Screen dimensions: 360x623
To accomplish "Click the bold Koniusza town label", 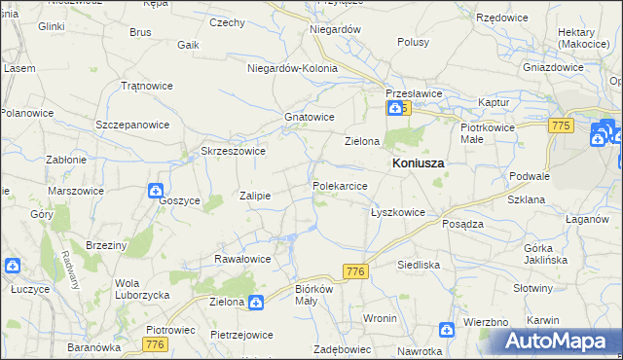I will (418, 163).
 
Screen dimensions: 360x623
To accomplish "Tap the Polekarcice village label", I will (340, 185).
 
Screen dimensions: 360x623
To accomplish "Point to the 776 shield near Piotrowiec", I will (154, 345).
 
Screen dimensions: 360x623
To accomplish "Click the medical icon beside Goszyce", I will (156, 191).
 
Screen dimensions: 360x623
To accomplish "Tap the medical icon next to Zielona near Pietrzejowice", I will (254, 303).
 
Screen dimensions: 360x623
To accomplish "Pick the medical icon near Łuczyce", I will (12, 265).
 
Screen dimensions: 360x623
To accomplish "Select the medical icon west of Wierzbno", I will (446, 331).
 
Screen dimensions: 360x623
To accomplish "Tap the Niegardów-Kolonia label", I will (292, 69).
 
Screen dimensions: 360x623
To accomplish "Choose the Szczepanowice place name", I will (132, 125).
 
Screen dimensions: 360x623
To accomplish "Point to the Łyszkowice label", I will (397, 212).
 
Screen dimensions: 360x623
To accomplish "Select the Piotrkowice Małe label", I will (486, 133).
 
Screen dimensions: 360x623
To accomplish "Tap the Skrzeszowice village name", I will (233, 151).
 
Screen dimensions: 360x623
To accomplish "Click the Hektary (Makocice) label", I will (584, 38).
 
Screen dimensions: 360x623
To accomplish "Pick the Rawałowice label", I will (241, 259).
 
